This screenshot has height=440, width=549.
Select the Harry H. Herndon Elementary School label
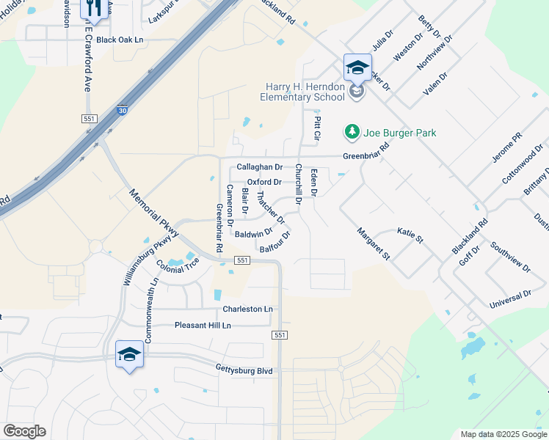[305, 92]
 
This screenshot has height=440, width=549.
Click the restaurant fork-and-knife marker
[93, 10]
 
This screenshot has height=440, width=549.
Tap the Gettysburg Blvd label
[244, 371]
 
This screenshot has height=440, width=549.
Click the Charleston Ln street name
[247, 309]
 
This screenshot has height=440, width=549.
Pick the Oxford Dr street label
[264, 182]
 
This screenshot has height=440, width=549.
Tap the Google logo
[24, 431]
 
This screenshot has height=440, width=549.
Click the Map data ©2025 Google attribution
[503, 434]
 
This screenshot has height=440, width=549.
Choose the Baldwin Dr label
[254, 234]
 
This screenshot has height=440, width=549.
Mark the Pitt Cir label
[318, 128]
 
